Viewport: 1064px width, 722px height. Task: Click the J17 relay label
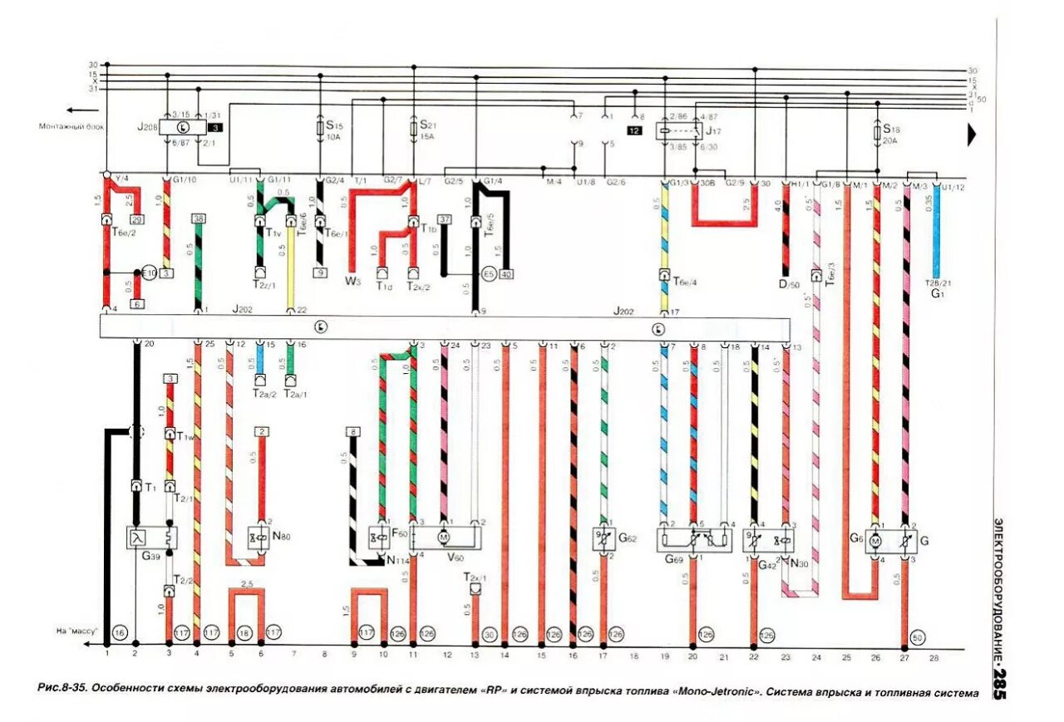713,131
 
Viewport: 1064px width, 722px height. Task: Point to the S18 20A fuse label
892,135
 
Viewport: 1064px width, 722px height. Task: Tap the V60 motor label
456,557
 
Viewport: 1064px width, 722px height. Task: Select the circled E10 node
149,273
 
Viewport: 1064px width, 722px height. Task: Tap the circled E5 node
488,273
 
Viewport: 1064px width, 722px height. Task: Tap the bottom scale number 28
934,656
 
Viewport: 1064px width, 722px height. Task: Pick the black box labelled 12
634,131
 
